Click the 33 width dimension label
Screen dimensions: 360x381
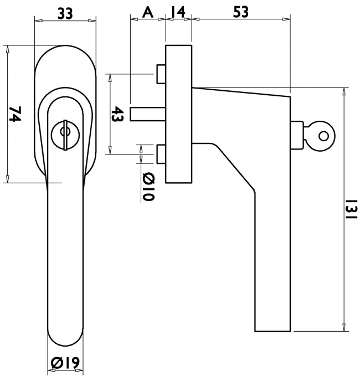[65, 14]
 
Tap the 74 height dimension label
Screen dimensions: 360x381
[15, 114]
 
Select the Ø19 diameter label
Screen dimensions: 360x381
[65, 363]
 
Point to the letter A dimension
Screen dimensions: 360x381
[148, 12]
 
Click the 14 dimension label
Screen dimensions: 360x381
[178, 12]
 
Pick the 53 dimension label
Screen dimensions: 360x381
[241, 12]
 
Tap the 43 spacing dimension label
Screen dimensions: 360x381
[117, 114]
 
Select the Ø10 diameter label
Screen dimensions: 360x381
[148, 187]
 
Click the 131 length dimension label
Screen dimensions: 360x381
[352, 209]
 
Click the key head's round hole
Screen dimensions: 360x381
[323, 136]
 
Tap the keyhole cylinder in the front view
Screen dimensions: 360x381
[65, 135]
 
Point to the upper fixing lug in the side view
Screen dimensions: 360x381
[161, 74]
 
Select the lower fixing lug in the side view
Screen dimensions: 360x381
[161, 154]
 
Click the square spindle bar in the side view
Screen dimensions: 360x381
[148, 114]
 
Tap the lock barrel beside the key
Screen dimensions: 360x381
[297, 135]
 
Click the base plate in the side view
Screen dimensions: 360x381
[179, 114]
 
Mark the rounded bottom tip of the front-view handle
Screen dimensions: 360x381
[65, 346]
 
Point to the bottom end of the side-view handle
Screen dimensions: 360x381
[272, 331]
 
